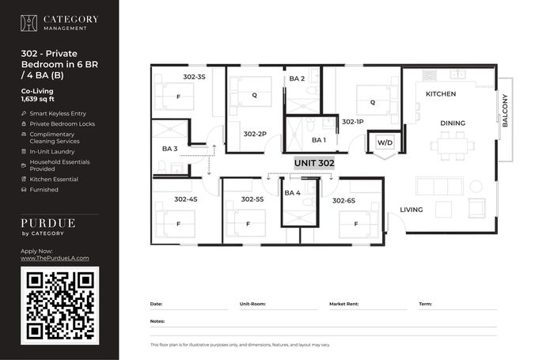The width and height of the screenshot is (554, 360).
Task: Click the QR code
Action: coord(59,305)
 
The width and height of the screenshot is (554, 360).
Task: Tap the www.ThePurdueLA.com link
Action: coord(55,258)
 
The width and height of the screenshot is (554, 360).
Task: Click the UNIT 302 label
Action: coord(314,163)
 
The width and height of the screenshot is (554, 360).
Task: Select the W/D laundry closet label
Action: coord(385,142)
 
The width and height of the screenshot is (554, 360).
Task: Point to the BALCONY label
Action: coord(505,111)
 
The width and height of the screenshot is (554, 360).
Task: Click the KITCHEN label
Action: coord(441,94)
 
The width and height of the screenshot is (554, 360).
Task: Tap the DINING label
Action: coord(453,123)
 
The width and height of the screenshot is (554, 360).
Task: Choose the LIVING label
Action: coord(412,210)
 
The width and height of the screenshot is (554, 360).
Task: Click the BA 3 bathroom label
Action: coord(169,149)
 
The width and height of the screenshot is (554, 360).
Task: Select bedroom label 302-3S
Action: coord(194,77)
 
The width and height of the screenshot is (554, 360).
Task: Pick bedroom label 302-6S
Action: coord(343,201)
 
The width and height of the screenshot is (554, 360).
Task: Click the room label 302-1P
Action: coord(353,122)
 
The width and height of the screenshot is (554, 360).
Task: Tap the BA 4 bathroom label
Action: coord(292,193)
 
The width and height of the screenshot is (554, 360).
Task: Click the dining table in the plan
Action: coord(453,146)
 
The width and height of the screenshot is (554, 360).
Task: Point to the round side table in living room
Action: coord(476,187)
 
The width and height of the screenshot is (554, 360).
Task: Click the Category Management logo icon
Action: coord(28,23)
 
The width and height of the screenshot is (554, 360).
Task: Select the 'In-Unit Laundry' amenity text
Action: coord(52,152)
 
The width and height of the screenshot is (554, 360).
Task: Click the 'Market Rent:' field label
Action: coord(343,304)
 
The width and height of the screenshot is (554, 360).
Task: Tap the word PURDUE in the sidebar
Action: coord(48,223)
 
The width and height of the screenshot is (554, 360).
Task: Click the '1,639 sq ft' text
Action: coord(38,99)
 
